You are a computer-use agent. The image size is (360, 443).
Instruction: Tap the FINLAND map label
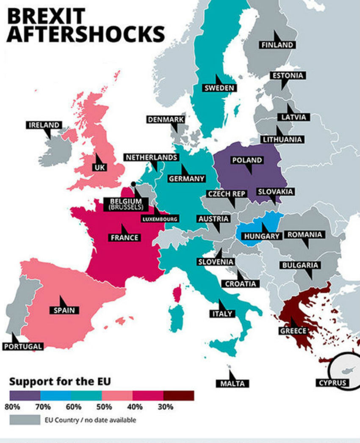(x=277, y=45)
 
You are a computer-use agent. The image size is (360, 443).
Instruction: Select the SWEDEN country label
(x=219, y=88)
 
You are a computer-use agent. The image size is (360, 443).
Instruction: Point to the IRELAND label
(x=44, y=125)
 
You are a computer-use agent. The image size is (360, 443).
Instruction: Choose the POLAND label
(x=247, y=160)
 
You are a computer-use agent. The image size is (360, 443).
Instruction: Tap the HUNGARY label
(x=262, y=236)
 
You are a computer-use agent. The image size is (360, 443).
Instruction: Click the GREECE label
(x=293, y=331)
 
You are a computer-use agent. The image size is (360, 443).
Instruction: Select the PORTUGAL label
(x=23, y=347)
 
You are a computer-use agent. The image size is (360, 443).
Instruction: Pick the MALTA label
(x=232, y=383)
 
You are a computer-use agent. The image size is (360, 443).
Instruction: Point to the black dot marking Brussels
(x=133, y=184)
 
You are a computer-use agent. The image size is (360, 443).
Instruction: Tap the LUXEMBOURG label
(x=160, y=219)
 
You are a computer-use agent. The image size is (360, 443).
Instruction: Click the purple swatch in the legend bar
(x=25, y=396)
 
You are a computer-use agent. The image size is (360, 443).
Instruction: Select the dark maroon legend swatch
(x=179, y=396)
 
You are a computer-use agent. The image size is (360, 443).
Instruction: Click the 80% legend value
(x=16, y=407)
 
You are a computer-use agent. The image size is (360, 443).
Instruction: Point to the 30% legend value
(x=166, y=407)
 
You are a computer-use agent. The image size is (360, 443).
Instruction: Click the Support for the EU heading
(x=60, y=381)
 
